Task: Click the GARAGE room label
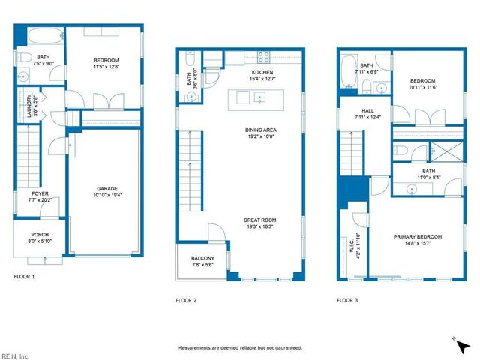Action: tap(106, 189)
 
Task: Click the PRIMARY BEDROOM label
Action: tap(418, 237)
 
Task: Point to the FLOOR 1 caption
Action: tap(25, 277)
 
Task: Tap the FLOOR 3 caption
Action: tap(348, 300)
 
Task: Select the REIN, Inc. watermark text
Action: tap(14, 355)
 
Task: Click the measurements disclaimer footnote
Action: tap(240, 348)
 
